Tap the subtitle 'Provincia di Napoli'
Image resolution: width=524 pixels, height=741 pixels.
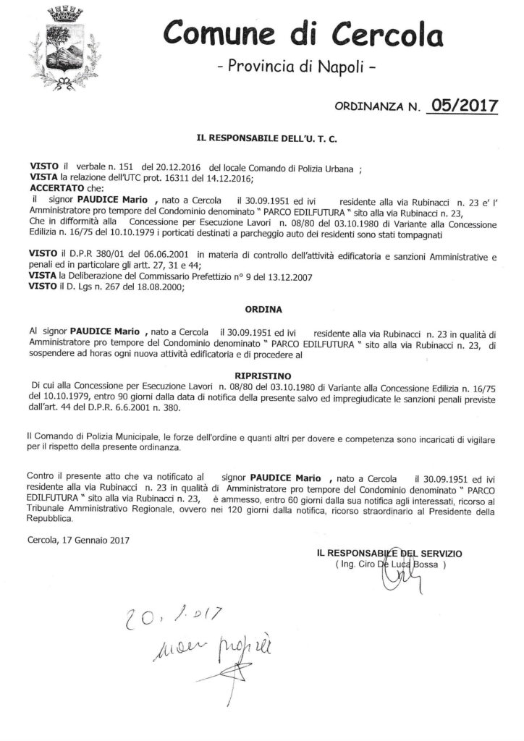[x=297, y=67]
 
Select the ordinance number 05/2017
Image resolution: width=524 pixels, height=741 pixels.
[x=463, y=106]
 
